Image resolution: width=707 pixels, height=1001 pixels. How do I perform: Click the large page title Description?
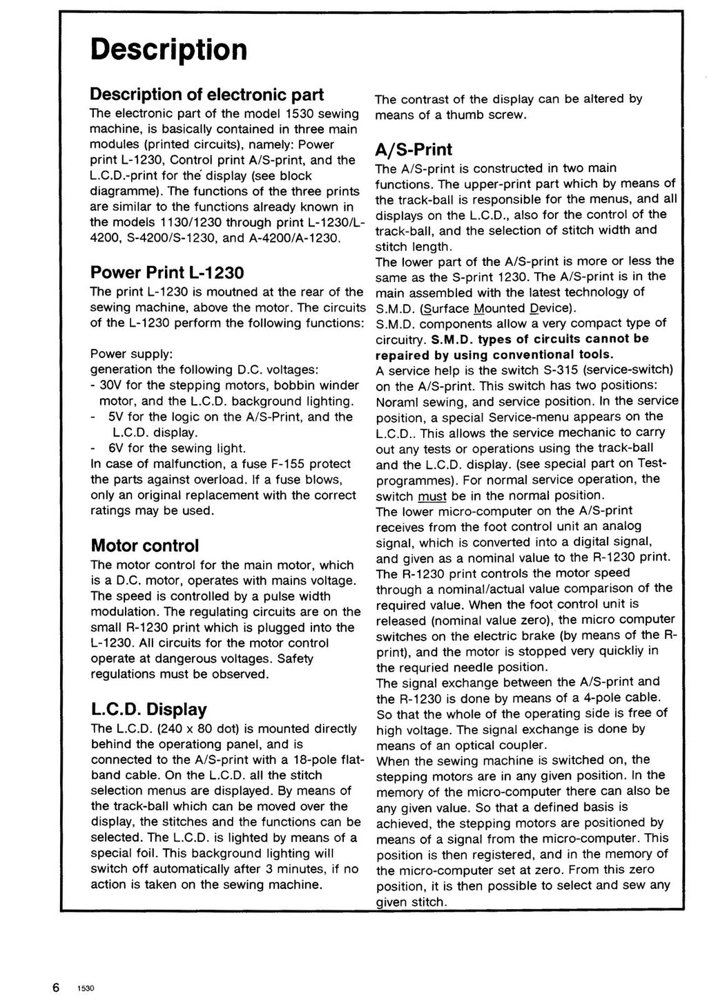[169, 50]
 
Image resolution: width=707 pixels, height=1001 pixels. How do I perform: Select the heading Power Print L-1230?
[167, 272]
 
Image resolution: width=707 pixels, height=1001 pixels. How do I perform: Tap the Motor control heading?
[145, 546]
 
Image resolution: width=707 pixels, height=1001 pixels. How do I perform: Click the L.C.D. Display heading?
[149, 709]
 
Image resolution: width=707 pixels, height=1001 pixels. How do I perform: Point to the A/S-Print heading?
[414, 149]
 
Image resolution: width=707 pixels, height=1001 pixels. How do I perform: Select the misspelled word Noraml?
[398, 401]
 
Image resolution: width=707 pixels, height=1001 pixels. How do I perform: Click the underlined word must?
[433, 495]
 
